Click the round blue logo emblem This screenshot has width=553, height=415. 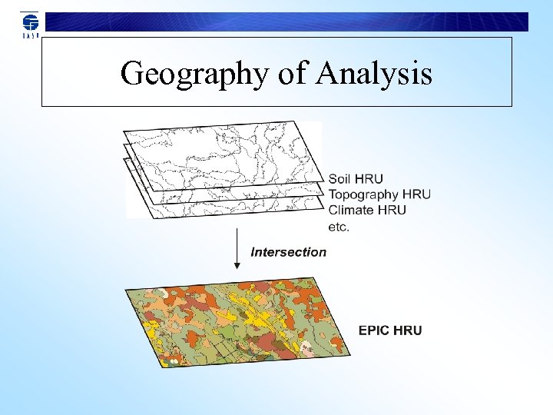(x=29, y=21)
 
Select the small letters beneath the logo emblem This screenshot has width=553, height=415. (x=29, y=35)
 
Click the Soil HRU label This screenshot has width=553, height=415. (x=356, y=180)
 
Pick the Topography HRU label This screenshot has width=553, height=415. (x=379, y=195)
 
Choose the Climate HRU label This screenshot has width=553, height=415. (x=367, y=210)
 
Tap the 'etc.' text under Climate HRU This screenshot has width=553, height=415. (x=339, y=227)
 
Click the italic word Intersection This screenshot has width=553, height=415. (x=289, y=252)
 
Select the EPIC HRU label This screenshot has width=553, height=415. (x=390, y=331)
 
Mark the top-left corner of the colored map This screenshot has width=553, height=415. (x=126, y=289)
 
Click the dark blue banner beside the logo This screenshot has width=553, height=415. (x=284, y=22)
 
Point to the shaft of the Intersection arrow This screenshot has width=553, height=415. (x=237, y=244)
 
